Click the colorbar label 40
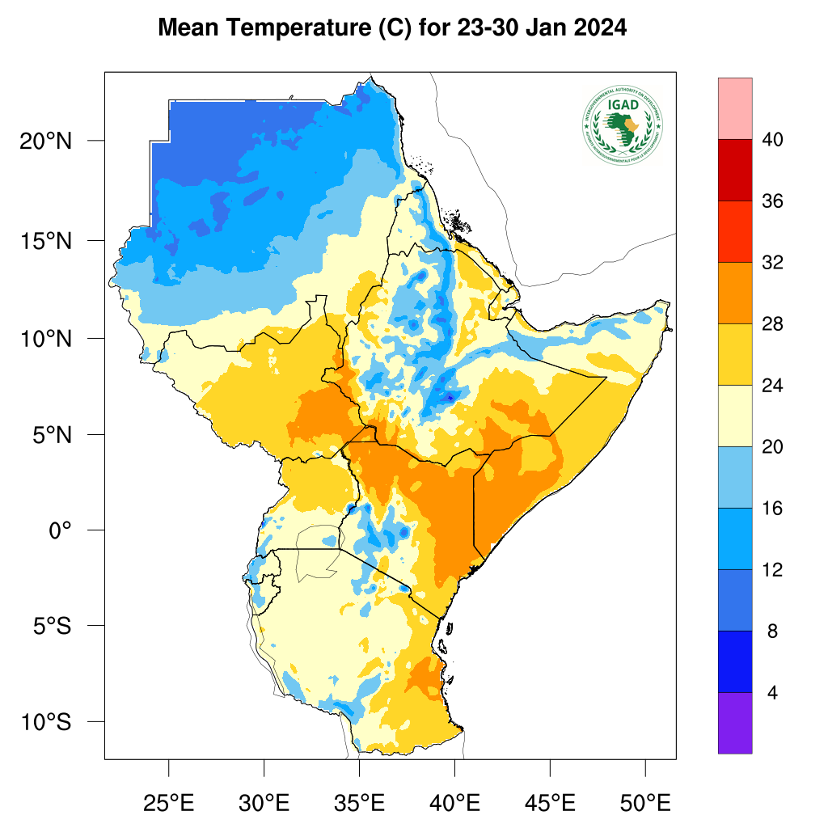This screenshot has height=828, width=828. tap(773, 140)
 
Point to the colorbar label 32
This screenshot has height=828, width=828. tap(773, 263)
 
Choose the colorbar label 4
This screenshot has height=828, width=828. tap(773, 693)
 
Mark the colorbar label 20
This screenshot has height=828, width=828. tap(773, 447)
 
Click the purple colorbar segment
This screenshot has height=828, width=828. tap(735, 723)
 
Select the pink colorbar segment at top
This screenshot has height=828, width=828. tap(735, 108)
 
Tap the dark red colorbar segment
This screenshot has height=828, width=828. tap(735, 170)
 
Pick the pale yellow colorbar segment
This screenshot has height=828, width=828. tap(735, 416)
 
